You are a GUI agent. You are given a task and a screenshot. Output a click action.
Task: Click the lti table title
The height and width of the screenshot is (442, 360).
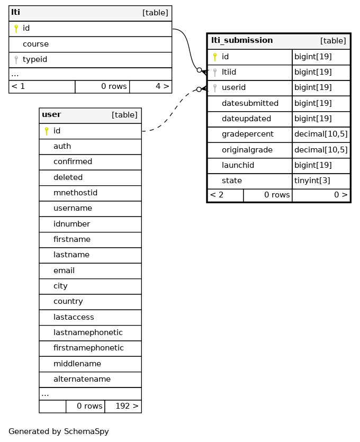(15, 12)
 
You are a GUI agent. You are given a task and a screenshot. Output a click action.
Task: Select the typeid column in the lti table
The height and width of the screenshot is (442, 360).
(34, 59)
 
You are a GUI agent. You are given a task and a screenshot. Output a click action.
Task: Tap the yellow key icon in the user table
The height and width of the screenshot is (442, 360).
(47, 131)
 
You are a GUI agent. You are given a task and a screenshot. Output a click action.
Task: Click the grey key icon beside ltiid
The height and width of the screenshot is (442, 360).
(215, 73)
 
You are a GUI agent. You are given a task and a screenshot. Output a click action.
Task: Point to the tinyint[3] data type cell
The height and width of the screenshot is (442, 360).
(312, 181)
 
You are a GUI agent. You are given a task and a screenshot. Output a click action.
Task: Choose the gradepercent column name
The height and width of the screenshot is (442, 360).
(248, 134)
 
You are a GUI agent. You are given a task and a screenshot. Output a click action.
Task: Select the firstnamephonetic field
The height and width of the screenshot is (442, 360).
(88, 348)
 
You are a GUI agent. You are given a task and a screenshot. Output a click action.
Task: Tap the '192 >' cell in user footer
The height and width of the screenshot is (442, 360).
(123, 406)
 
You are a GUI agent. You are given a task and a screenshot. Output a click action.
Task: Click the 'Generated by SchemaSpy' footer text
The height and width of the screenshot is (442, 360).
(59, 431)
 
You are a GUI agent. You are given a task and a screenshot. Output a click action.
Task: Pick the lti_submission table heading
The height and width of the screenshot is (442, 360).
(242, 40)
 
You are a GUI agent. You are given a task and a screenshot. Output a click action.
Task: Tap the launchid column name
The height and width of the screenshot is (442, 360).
(238, 165)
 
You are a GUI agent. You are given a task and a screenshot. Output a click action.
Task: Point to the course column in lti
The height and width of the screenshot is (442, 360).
(35, 44)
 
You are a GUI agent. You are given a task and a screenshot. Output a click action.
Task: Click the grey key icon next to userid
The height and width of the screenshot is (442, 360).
(215, 88)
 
